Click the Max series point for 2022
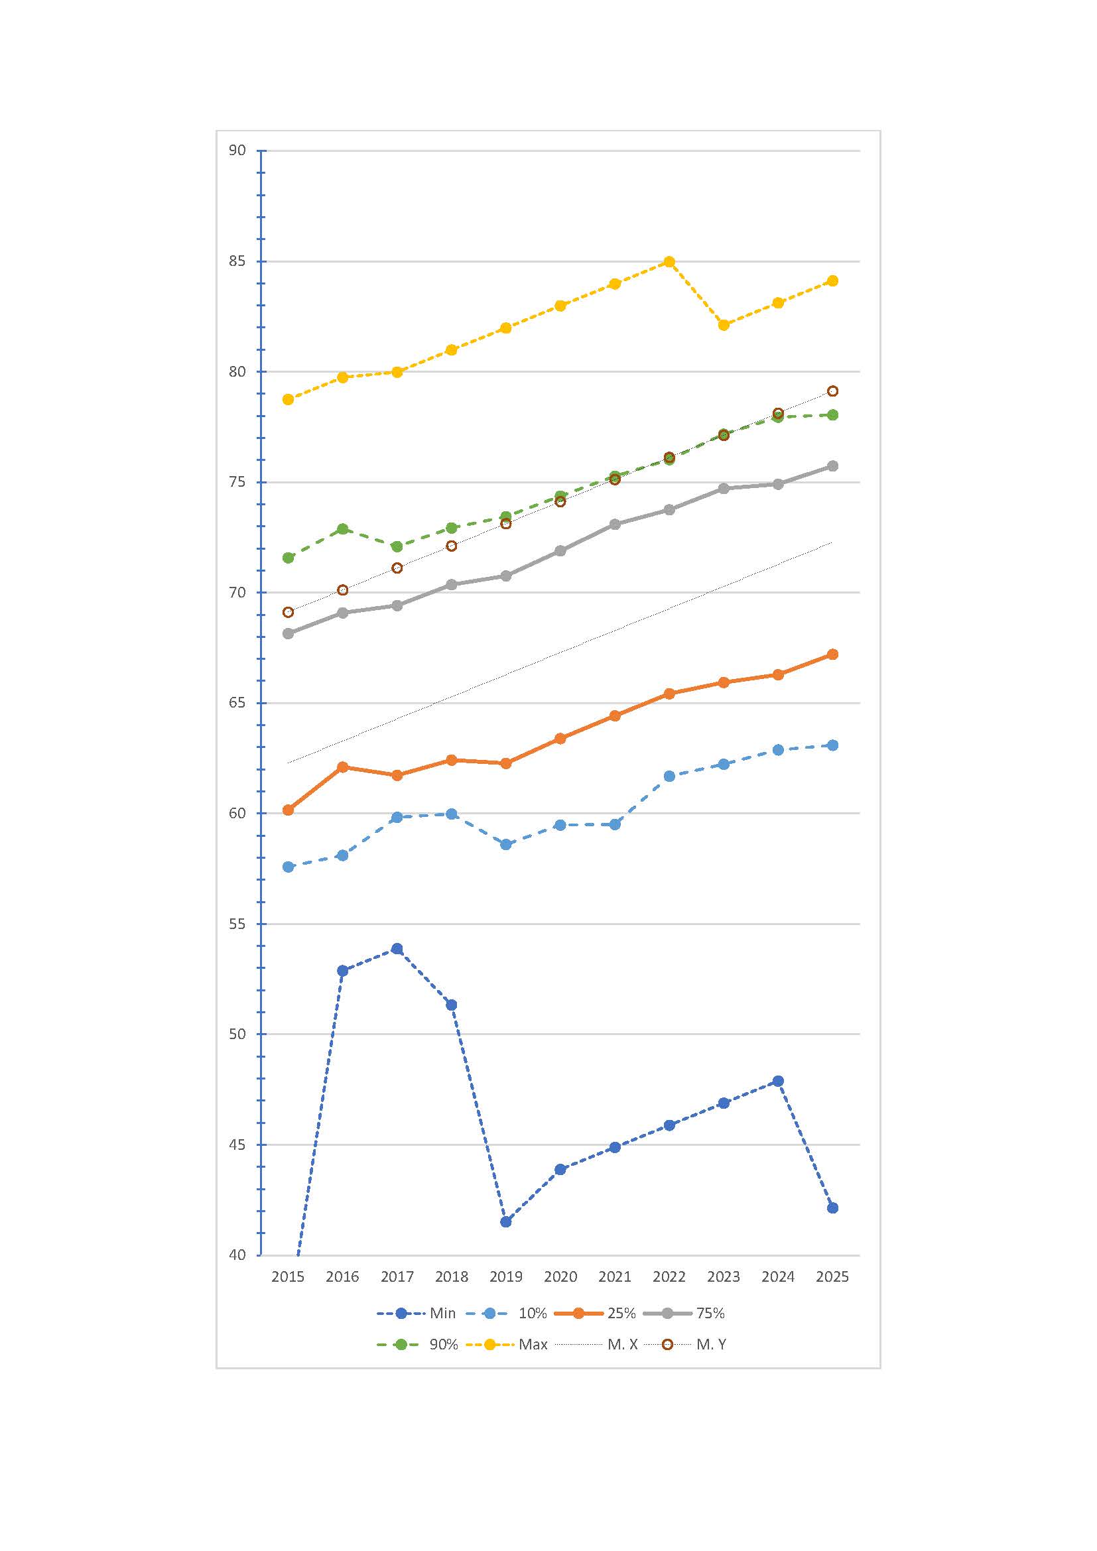pos(669,261)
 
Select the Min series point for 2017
pos(397,948)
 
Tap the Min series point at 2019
pos(506,1221)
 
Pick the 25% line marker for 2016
pos(342,767)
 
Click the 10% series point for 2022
pos(669,776)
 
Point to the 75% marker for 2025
pos(832,466)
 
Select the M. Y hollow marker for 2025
pos(832,391)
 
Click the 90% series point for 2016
pos(342,528)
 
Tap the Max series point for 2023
pos(724,325)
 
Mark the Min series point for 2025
pos(832,1208)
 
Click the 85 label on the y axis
pos(237,261)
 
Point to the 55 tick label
pos(237,924)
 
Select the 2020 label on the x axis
pos(560,1276)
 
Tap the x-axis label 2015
pos(288,1276)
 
